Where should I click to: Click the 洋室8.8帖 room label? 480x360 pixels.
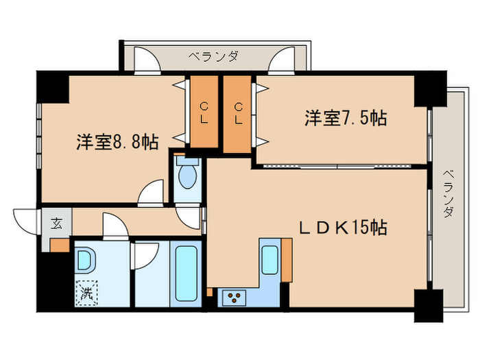(117, 142)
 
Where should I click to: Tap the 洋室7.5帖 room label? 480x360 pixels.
(345, 118)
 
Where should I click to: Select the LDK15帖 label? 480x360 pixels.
(341, 227)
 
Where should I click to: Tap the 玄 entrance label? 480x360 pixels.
(57, 223)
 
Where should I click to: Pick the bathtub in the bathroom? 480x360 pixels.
(187, 272)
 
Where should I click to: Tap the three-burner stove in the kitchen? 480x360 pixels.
(234, 297)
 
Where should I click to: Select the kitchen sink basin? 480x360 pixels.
(269, 259)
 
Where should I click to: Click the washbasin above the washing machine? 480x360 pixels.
(87, 261)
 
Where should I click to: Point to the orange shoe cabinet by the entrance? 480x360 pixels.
(60, 244)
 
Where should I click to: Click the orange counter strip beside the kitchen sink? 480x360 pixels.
(287, 260)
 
